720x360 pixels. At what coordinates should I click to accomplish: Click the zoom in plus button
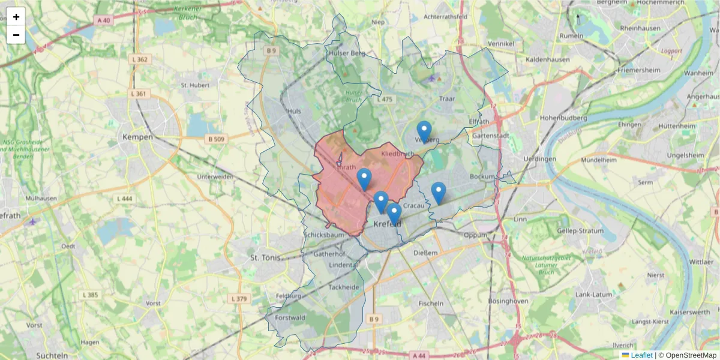(x=16, y=17)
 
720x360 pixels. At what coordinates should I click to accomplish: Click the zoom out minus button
(x=16, y=35)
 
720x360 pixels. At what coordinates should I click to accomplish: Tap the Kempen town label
(x=137, y=137)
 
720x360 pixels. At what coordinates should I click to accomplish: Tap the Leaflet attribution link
(x=641, y=355)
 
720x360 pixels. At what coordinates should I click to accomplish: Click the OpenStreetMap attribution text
(x=687, y=355)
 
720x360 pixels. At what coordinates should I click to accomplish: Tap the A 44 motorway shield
(x=419, y=355)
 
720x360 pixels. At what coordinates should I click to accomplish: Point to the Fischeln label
(x=431, y=303)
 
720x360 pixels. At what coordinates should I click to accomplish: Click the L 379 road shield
(x=239, y=299)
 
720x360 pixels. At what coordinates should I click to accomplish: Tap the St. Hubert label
(x=195, y=85)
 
